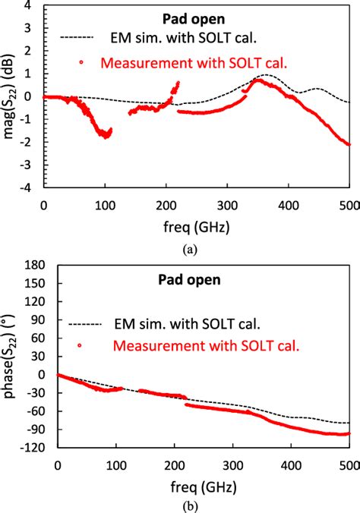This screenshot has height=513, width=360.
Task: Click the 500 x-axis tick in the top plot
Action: pos(349,205)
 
